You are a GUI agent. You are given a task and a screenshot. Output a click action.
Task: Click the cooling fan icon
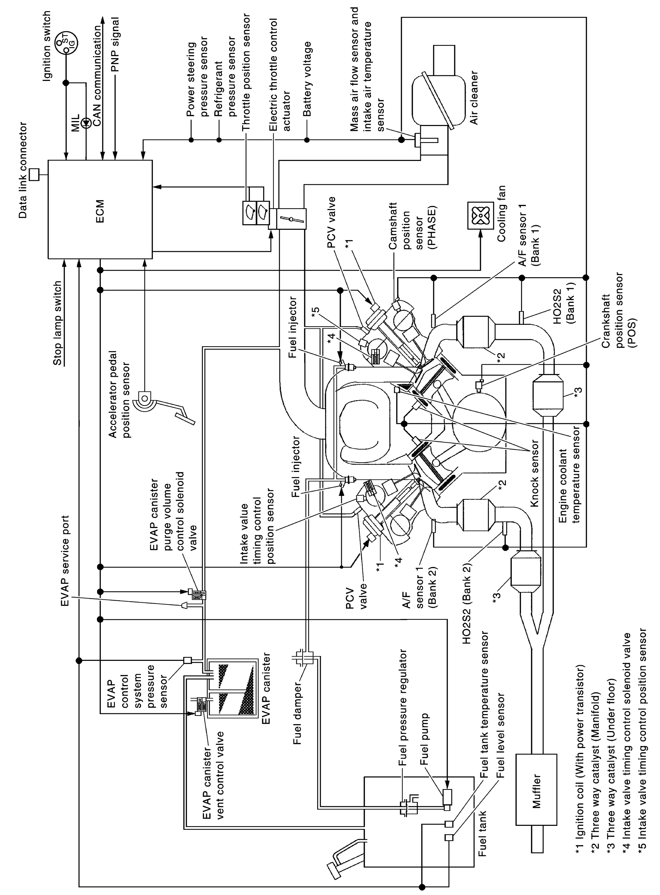(481, 216)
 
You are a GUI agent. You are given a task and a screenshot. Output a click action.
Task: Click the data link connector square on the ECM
(34, 174)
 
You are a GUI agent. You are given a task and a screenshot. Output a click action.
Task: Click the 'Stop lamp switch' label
(58, 323)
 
